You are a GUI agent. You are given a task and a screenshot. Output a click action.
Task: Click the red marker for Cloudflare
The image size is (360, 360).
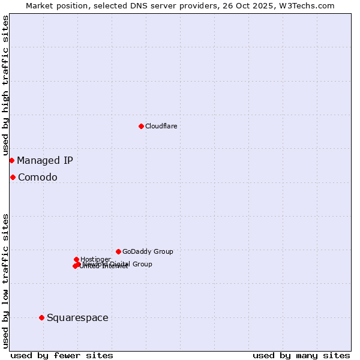pyautogui.click(x=141, y=126)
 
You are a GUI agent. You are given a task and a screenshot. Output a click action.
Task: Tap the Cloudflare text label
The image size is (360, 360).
pyautogui.click(x=161, y=126)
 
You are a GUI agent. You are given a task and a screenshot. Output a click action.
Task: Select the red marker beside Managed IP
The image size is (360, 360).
pyautogui.click(x=11, y=160)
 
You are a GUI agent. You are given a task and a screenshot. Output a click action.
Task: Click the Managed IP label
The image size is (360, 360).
pyautogui.click(x=45, y=160)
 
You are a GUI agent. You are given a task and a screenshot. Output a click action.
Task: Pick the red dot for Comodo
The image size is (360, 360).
pyautogui.click(x=13, y=177)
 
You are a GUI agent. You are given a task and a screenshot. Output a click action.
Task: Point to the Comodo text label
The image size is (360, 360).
pyautogui.click(x=38, y=177)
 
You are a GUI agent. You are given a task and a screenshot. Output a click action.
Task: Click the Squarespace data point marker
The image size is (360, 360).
pyautogui.click(x=41, y=317)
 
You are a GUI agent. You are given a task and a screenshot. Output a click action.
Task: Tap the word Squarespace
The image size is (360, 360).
pyautogui.click(x=77, y=317)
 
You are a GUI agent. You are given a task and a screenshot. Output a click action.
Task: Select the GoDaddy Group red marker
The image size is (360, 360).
pyautogui.click(x=118, y=251)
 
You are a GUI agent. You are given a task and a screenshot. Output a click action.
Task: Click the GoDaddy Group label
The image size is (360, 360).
pyautogui.click(x=148, y=251)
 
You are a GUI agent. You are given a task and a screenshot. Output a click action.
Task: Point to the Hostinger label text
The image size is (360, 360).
pyautogui.click(x=95, y=259)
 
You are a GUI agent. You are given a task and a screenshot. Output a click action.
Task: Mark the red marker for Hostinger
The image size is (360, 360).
pyautogui.click(x=76, y=259)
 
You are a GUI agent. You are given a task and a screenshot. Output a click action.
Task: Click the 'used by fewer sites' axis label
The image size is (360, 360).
pyautogui.click(x=62, y=355)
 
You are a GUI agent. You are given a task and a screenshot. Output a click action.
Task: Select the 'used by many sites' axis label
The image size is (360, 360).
pyautogui.click(x=301, y=355)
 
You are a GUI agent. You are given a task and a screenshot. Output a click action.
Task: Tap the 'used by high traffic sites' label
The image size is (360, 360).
pyautogui.click(x=5, y=85)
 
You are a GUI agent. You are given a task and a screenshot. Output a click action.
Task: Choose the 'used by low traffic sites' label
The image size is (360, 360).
pyautogui.click(x=5, y=280)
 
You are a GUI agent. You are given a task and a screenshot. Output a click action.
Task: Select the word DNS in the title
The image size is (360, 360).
pyautogui.click(x=136, y=5)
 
